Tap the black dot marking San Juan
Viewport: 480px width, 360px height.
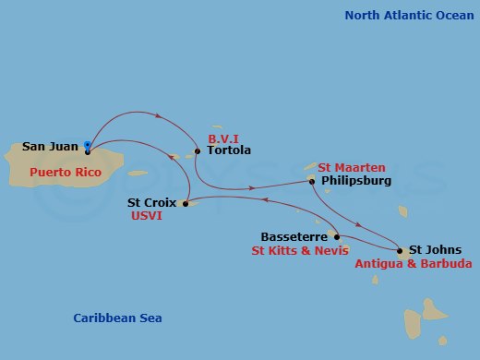87,151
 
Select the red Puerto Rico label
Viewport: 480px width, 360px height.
64,173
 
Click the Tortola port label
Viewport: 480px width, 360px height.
229,150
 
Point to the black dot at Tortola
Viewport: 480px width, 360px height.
198,150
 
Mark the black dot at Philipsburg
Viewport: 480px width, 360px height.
312,181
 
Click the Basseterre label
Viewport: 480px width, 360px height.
294,235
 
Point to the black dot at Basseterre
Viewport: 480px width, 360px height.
337,236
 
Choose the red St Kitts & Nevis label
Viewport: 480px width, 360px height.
299,249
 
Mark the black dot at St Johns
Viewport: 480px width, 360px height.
399,249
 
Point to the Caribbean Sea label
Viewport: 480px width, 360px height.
117,318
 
